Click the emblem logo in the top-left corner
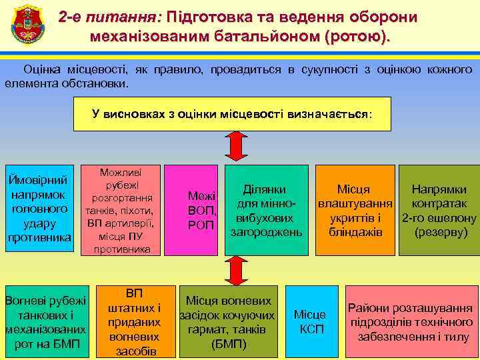(24, 24)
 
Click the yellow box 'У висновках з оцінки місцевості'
(231, 114)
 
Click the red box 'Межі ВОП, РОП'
(201, 210)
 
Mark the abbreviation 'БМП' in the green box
(65, 344)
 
